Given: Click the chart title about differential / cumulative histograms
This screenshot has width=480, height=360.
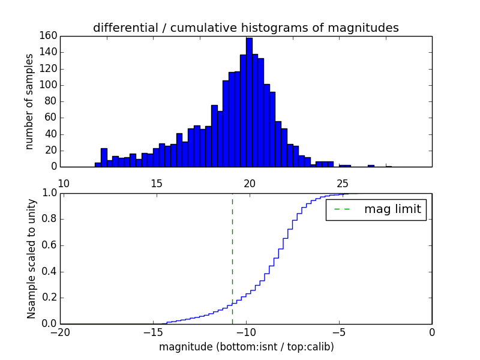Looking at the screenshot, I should pos(245,28).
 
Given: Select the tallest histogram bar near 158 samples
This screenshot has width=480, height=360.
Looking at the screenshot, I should pos(249,102).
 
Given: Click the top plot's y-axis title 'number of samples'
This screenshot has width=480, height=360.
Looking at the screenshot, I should pos(29,101).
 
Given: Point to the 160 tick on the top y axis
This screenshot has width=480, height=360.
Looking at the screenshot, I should pos(49,36).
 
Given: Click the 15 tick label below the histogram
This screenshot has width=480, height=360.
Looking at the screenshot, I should pos(156,184).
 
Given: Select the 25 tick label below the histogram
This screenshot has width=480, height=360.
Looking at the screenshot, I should pos(343,184).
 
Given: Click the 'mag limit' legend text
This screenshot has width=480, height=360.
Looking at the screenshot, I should pos(392,209).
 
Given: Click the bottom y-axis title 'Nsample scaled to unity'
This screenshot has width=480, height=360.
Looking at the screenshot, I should pos(31,259).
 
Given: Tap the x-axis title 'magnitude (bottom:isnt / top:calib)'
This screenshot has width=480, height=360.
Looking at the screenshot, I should pos(246,347).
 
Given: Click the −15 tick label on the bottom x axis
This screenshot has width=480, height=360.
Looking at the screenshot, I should pos(154,333).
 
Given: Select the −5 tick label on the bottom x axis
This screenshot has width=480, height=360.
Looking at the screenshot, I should pos(339,333).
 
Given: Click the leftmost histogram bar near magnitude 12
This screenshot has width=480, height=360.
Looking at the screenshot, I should pos(98,164).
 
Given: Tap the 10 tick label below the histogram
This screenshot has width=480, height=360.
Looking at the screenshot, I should pos(63,184).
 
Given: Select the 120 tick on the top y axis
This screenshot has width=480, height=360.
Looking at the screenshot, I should pos(49,68).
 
